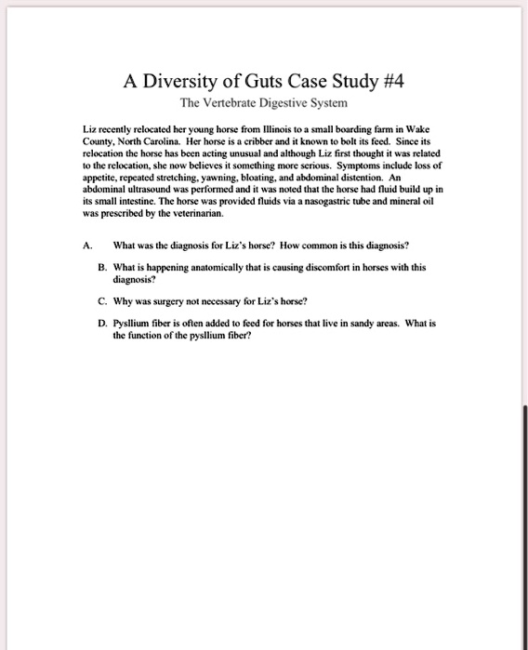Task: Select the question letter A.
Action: (86, 245)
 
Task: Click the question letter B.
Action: (101, 266)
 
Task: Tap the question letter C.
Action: (101, 301)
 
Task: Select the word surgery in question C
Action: (160, 301)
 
